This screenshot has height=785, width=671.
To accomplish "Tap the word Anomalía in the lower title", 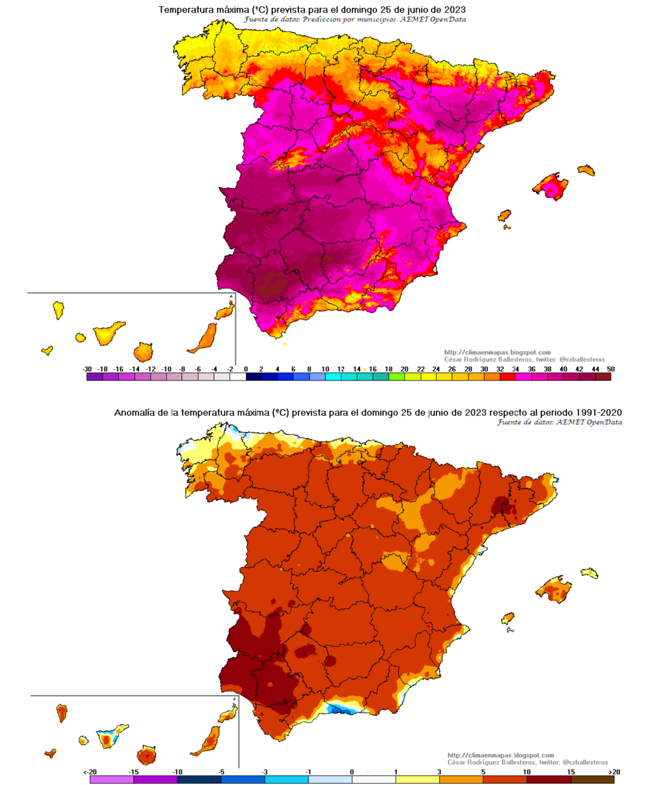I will tap(134, 413).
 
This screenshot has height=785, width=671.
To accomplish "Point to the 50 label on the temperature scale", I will tap(610, 369).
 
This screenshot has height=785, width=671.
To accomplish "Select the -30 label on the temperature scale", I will tap(87, 369).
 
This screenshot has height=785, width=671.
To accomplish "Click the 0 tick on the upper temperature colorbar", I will tap(246, 369).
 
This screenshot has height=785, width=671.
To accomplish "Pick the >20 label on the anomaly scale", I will tap(615, 772).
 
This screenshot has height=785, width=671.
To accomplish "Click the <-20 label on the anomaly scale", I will tap(90, 772).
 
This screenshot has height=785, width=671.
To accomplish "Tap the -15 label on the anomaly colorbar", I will tap(133, 772).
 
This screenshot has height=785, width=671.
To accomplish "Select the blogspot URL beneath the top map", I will tap(497, 353).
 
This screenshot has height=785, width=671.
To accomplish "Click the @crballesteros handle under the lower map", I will tap(585, 762).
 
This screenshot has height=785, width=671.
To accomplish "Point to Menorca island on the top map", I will tap(586, 170).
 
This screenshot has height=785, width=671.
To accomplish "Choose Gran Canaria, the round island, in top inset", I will tap(143, 352).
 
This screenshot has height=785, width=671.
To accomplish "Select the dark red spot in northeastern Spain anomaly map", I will tap(504, 505).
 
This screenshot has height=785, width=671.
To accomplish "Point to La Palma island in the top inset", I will tap(58, 310).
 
